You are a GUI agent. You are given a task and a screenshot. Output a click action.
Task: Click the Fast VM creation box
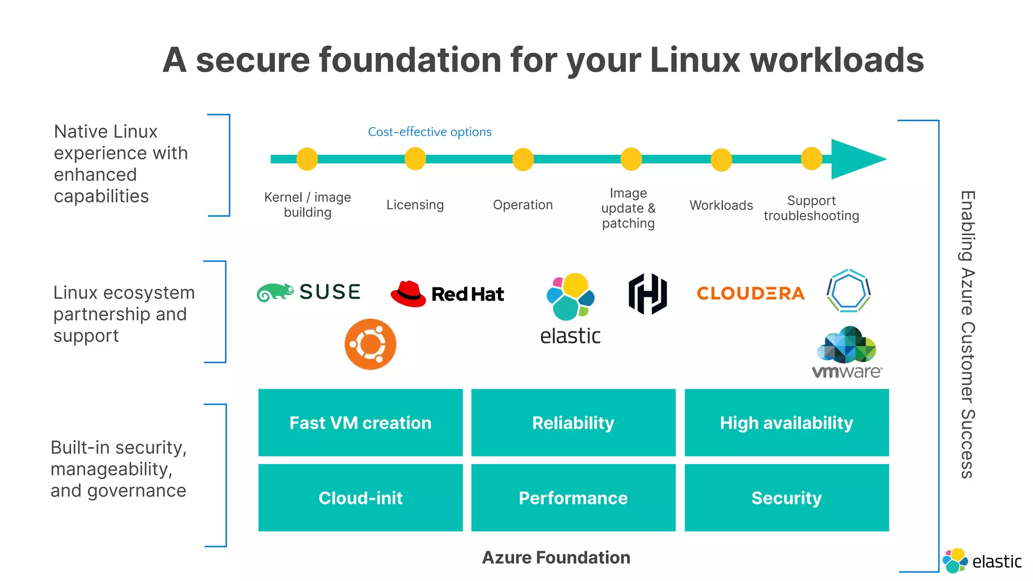pyautogui.click(x=360, y=423)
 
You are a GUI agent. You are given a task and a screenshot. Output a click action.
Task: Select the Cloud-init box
pyautogui.click(x=360, y=498)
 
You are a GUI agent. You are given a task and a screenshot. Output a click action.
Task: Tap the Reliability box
pyautogui.click(x=573, y=423)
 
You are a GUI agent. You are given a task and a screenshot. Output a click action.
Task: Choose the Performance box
pyautogui.click(x=573, y=498)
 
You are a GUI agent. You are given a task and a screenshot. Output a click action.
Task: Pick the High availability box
pyautogui.click(x=786, y=423)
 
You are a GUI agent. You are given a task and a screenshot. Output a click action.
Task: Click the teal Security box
pyautogui.click(x=786, y=498)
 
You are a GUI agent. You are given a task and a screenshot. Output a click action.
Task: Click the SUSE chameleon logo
pyautogui.click(x=275, y=292)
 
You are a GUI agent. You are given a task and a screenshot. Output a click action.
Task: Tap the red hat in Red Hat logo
pyautogui.click(x=408, y=294)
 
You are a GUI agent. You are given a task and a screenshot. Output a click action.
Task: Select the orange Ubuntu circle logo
pyautogui.click(x=370, y=344)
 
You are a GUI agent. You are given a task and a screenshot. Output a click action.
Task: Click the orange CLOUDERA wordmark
pyautogui.click(x=750, y=293)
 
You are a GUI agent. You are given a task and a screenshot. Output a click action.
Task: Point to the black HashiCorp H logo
pyautogui.click(x=648, y=294)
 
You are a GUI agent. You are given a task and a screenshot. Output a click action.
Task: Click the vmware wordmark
pyautogui.click(x=847, y=372)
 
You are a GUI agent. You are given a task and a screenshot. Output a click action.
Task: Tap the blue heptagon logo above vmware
pyautogui.click(x=848, y=291)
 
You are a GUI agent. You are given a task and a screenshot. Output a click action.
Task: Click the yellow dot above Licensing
pyautogui.click(x=415, y=159)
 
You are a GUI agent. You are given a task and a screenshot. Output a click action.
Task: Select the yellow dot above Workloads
pyautogui.click(x=721, y=160)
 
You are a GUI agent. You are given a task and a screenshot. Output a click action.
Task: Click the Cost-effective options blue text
pyautogui.click(x=429, y=132)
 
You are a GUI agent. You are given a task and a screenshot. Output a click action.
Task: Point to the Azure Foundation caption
pyautogui.click(x=556, y=557)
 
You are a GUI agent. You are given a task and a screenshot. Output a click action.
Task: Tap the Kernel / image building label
pyautogui.click(x=307, y=204)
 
